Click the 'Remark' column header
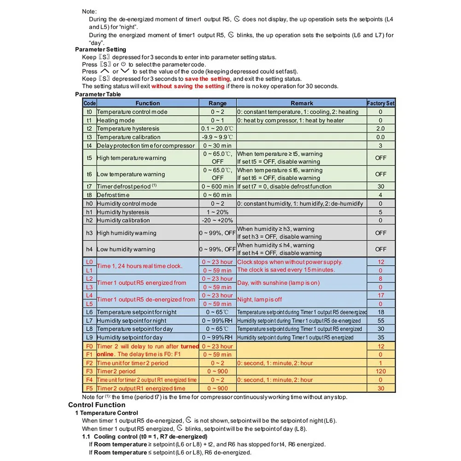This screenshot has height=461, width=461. click(x=302, y=103)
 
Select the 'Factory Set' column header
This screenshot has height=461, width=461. click(x=380, y=103)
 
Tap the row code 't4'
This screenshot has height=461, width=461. click(x=89, y=146)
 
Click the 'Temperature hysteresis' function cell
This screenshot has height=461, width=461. click(x=128, y=128)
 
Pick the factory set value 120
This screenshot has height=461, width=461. click(x=380, y=371)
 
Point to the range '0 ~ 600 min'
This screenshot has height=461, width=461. click(x=217, y=187)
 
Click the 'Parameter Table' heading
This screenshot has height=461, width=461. click(x=98, y=94)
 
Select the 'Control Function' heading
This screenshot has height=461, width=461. click(x=97, y=405)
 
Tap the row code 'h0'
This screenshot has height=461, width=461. click(x=89, y=204)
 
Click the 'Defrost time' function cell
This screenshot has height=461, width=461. click(x=113, y=195)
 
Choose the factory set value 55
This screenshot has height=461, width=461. click(x=380, y=321)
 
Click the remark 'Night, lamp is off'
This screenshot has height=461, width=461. click(x=259, y=299)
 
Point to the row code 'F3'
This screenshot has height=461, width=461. click(x=89, y=371)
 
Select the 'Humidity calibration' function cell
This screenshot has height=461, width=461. click(x=124, y=220)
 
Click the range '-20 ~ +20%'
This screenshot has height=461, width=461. click(x=217, y=220)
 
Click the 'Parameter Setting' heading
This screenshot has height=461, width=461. click(x=100, y=49)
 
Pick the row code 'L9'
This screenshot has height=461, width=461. click(x=89, y=338)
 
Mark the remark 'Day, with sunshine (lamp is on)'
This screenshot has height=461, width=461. click(x=278, y=283)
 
